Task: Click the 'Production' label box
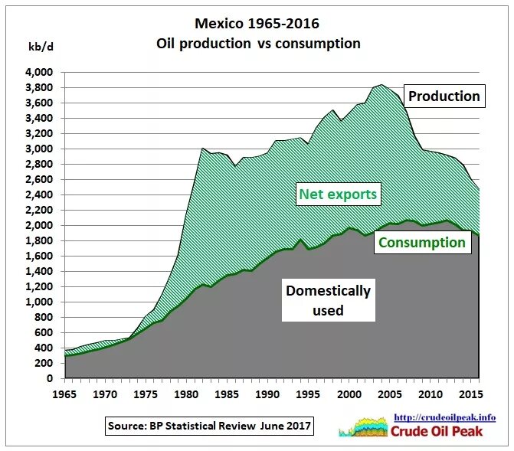pos(444,96)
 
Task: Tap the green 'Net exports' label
pos(338,194)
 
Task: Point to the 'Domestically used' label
pos(327,300)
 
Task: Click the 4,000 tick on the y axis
pos(38,72)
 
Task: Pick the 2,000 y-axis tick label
pos(38,225)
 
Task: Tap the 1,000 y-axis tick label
pos(38,302)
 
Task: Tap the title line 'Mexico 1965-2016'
pos(257,24)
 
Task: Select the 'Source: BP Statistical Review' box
pos(209,426)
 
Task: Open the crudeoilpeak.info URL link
pos(444,417)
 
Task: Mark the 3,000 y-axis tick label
pos(38,149)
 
